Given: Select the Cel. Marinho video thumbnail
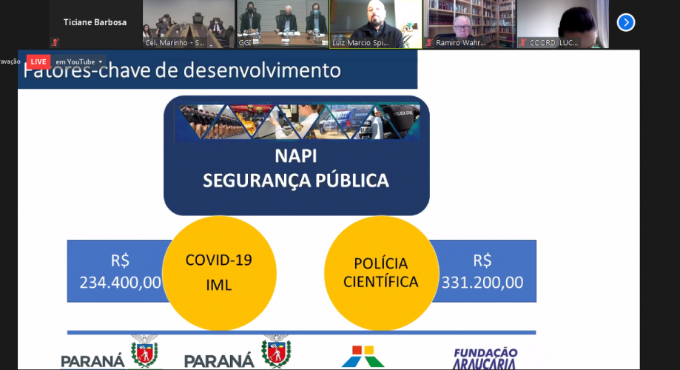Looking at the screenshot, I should point(188,24).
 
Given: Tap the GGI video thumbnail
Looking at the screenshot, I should point(282,24).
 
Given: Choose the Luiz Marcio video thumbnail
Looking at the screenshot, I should point(376,24).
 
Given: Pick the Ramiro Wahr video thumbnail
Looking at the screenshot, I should point(470,24).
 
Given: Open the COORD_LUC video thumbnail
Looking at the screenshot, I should point(563,24).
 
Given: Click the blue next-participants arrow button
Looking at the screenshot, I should point(626,22).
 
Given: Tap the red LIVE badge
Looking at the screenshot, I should point(38,61).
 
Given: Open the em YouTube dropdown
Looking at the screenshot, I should point(79,61).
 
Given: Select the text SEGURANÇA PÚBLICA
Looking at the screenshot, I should point(296,181).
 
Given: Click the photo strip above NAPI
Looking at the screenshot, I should point(297,122).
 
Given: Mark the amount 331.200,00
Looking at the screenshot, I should point(482,282).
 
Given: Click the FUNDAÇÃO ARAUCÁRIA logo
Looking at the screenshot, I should point(485,357).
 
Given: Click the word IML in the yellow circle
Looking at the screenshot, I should point(218,284).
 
